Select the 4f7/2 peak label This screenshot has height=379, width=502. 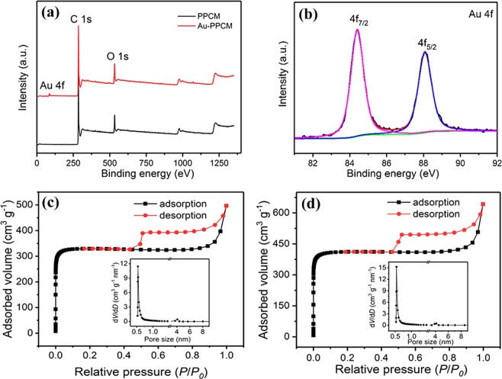coord(357,21)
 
